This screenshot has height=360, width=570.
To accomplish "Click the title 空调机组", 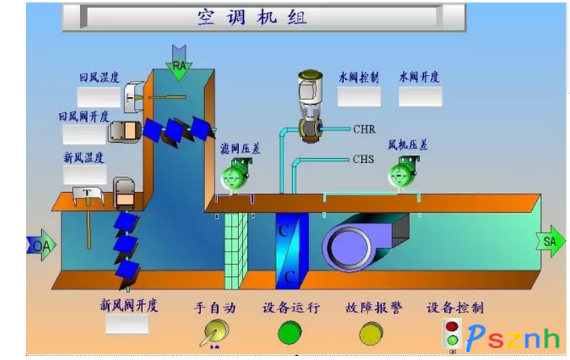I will click(x=252, y=16).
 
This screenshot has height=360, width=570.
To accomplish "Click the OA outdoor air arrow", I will click(x=39, y=245).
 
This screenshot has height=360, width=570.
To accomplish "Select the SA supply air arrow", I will click(x=551, y=241).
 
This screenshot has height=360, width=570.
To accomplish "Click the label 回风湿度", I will click(x=99, y=77).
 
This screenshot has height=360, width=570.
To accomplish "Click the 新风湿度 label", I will click(x=84, y=157).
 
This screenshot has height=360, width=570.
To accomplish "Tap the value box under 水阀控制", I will click(x=358, y=96).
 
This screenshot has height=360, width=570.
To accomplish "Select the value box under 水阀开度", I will click(x=420, y=96).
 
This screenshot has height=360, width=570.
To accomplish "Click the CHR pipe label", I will click(x=364, y=128).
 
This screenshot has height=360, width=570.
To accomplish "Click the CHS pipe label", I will click(x=363, y=159).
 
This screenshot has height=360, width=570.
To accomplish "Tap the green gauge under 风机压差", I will click(x=403, y=173).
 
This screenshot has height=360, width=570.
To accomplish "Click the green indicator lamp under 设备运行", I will click(x=289, y=332).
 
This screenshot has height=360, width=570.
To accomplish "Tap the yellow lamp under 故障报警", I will click(x=371, y=332).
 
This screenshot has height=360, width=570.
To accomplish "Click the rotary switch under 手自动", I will click(x=214, y=332).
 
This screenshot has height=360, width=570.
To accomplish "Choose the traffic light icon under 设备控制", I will click(x=452, y=333).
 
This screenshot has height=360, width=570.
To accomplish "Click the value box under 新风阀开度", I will click(x=127, y=324).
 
